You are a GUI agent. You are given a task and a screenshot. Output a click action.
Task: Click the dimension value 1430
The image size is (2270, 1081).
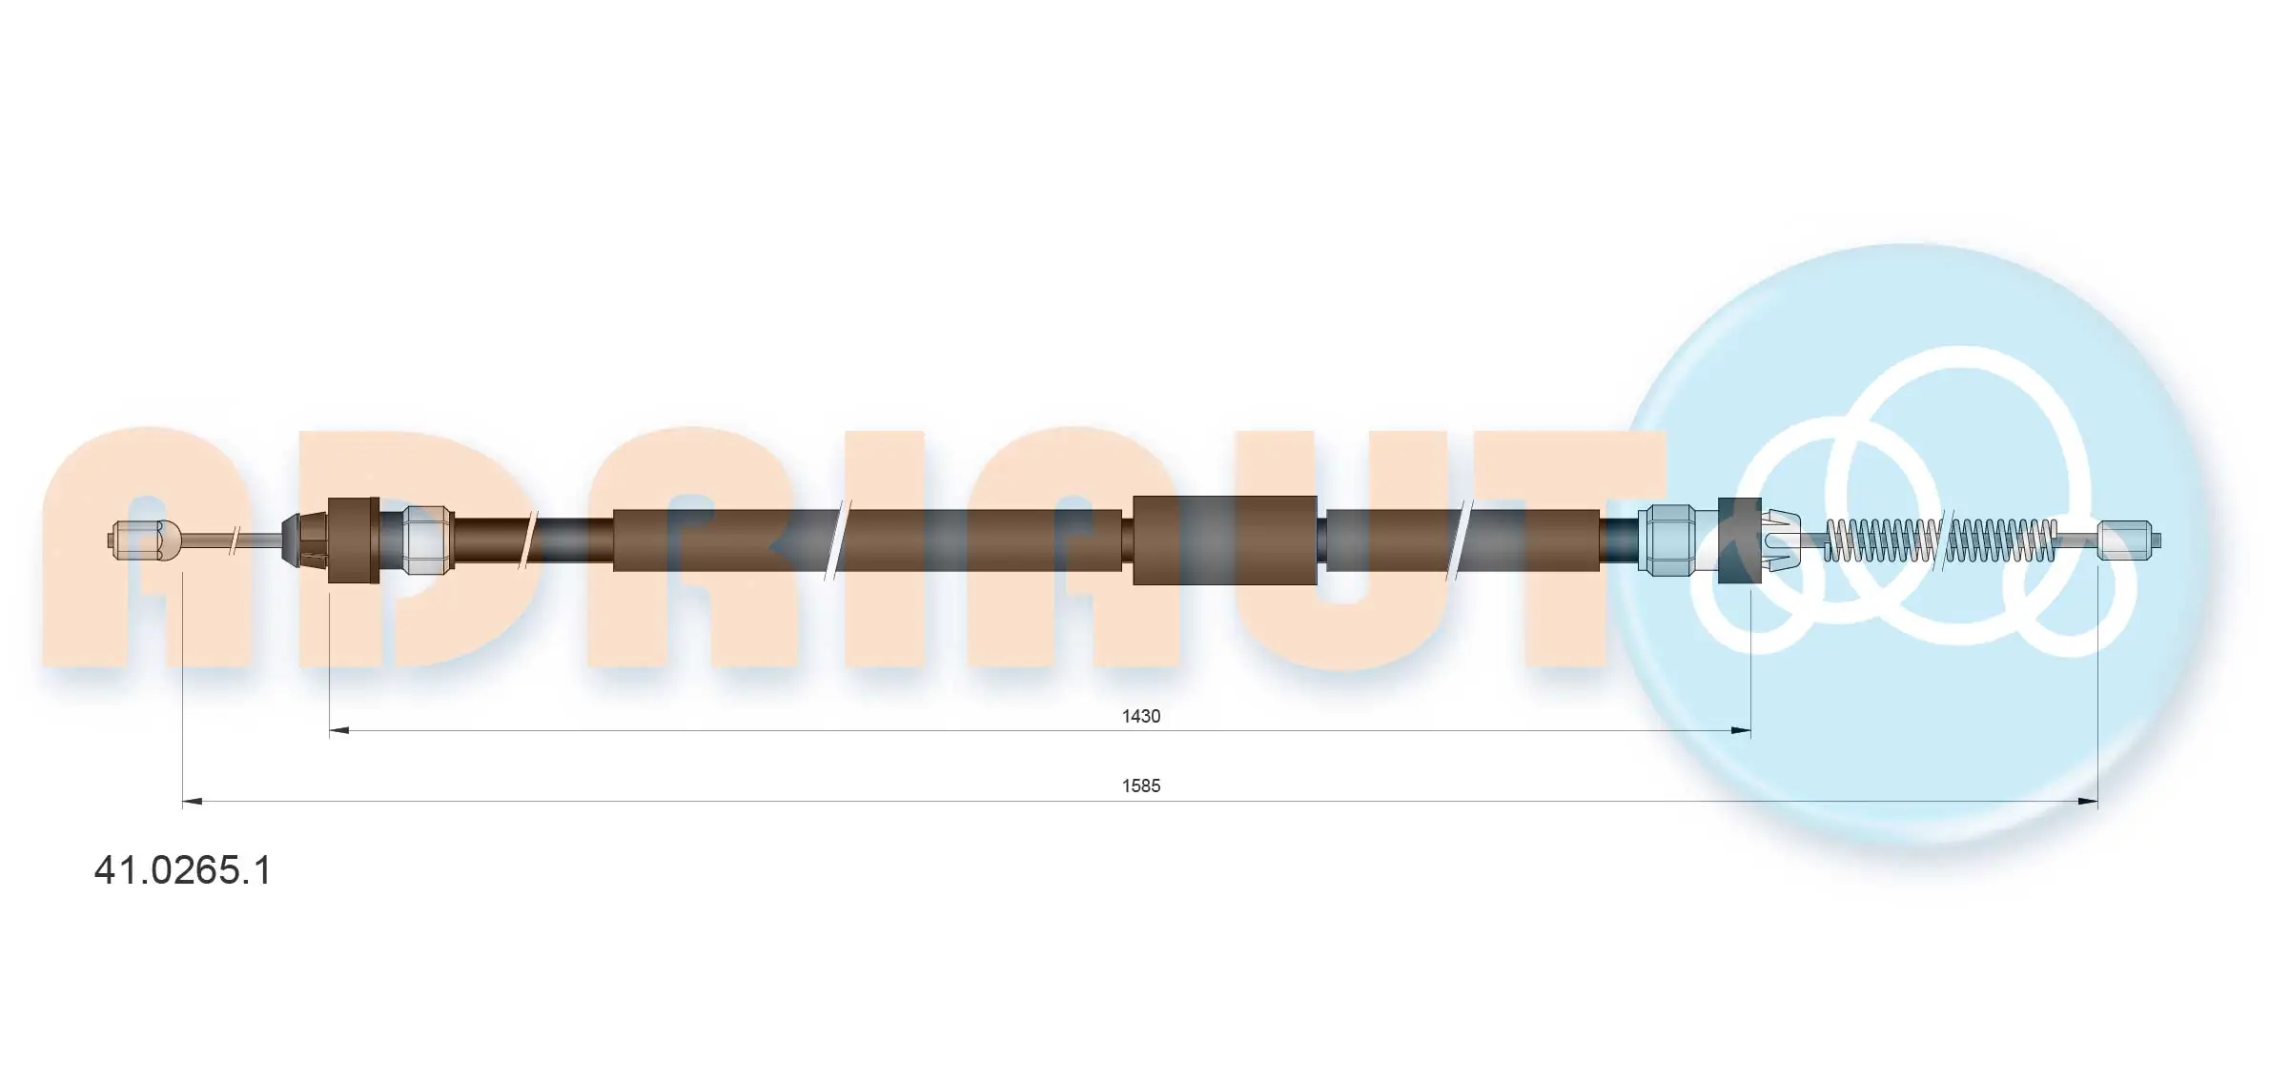point(1140,716)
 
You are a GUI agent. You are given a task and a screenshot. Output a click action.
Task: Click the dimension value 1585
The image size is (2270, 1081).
point(1140,785)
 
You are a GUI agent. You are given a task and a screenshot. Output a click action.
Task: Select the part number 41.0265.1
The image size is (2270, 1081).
point(182,870)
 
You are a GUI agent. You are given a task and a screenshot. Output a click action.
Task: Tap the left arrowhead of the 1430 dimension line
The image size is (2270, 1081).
point(338,731)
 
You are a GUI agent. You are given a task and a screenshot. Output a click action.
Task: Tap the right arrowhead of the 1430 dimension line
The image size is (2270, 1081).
point(1741,731)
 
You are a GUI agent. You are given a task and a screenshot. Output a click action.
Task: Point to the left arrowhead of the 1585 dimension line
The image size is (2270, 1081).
point(192,802)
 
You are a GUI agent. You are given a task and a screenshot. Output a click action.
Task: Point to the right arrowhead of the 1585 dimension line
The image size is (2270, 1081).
point(2088,802)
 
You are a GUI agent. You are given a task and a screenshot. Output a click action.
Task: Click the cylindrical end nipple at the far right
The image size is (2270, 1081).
point(2129,540)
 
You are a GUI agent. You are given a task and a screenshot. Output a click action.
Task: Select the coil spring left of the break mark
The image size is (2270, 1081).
point(1882,540)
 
